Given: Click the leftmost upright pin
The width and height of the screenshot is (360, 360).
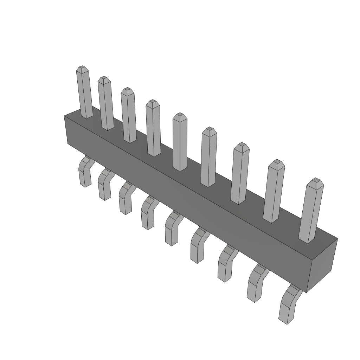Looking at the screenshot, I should tap(84, 93).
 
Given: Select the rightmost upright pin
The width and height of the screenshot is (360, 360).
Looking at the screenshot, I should tap(311, 211).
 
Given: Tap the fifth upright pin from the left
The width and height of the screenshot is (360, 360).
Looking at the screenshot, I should tap(180, 142).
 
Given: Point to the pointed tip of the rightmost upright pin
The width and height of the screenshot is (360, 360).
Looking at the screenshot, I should tap(316, 181).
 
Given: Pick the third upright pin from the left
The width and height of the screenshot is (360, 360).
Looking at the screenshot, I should tap(129, 116).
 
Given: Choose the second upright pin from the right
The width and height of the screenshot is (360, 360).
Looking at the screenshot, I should tap(274, 192).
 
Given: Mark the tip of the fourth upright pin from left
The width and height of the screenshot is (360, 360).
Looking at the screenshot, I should tap(153, 102).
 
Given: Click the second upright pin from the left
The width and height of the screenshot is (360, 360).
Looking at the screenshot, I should tap(106, 104).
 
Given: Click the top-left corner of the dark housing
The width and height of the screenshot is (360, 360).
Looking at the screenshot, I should tap(65, 116).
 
